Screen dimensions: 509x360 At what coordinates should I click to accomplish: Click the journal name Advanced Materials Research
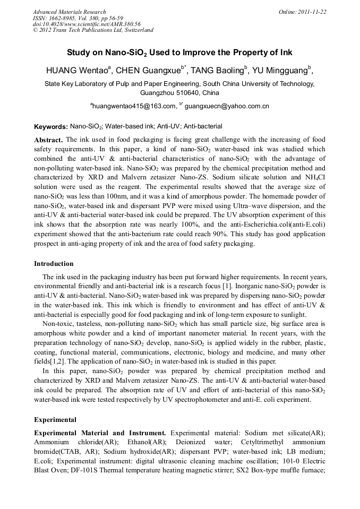click(69, 12)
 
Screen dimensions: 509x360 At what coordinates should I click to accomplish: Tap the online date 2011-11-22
click(313, 12)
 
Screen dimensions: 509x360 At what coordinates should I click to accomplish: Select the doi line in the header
click(87, 24)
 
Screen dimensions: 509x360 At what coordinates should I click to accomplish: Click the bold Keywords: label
click(50, 127)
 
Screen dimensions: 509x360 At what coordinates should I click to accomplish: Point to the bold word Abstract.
click(48, 140)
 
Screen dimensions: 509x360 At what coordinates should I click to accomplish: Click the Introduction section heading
click(54, 264)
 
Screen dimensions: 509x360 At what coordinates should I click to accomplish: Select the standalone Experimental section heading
click(55, 420)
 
